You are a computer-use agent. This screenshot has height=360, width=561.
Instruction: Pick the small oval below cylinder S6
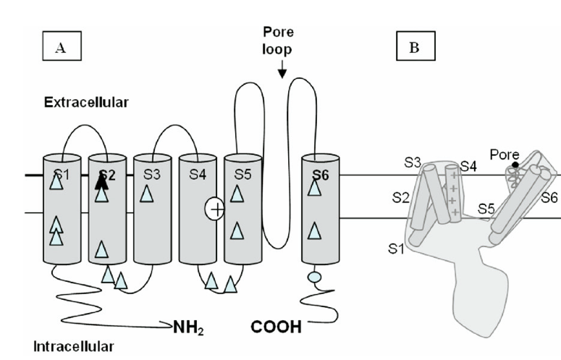pos(314,276)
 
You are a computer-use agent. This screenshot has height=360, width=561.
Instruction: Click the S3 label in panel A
pos(151,174)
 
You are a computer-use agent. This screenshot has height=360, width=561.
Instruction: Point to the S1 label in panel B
pos(395,249)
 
